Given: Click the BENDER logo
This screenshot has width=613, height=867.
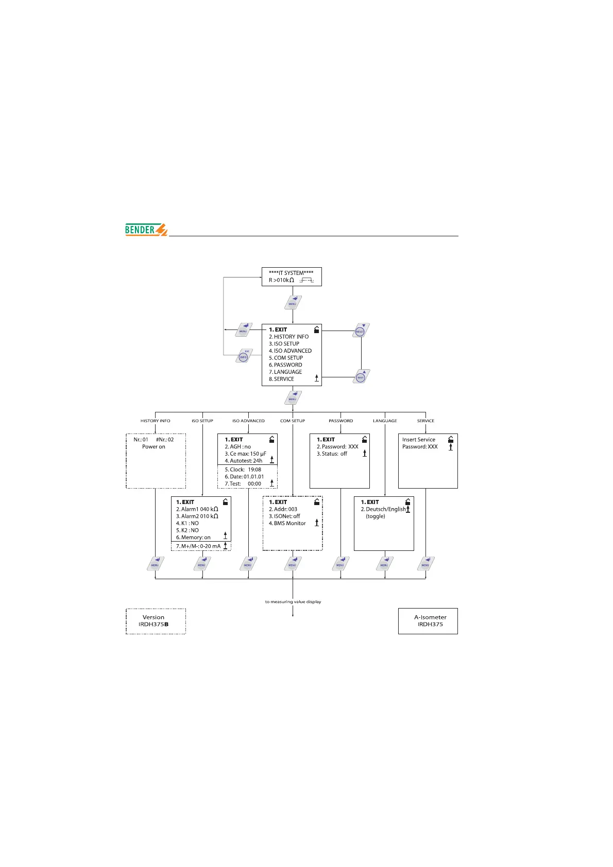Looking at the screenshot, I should tap(146, 230).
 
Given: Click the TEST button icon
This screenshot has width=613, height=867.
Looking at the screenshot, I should tap(361, 377).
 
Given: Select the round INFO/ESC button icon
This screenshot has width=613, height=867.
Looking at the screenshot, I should tap(244, 356).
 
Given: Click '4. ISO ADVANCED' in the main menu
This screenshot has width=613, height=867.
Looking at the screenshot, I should tap(290, 351).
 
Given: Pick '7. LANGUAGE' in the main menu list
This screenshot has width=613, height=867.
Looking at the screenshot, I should tap(285, 372).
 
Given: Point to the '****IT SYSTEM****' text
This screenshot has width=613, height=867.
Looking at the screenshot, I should tap(291, 273).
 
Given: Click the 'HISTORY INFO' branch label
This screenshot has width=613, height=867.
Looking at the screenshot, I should tap(155, 421).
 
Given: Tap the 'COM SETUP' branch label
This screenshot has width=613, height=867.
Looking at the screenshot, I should tap(293, 421).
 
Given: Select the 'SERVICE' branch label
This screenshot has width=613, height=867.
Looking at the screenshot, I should tap(425, 421).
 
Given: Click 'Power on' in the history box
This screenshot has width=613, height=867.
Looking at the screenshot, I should tap(154, 447).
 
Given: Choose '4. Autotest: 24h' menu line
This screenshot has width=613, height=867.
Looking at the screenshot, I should tap(243, 461).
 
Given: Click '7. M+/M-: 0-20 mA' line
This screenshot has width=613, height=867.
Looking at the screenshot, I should tap(198, 546).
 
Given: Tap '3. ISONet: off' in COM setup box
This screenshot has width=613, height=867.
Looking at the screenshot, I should tap(284, 516).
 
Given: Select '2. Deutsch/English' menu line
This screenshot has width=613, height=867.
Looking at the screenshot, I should tap(383, 509).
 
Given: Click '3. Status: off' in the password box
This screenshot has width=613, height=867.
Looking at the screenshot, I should tap(332, 454).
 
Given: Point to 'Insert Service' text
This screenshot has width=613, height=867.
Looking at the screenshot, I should tap(419, 440).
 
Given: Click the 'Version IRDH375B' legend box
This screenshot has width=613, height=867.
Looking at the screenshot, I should tap(156, 621).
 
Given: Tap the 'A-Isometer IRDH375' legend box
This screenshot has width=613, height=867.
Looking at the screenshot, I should tap(428, 621).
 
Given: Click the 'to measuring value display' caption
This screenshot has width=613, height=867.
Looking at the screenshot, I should tap(293, 601).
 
